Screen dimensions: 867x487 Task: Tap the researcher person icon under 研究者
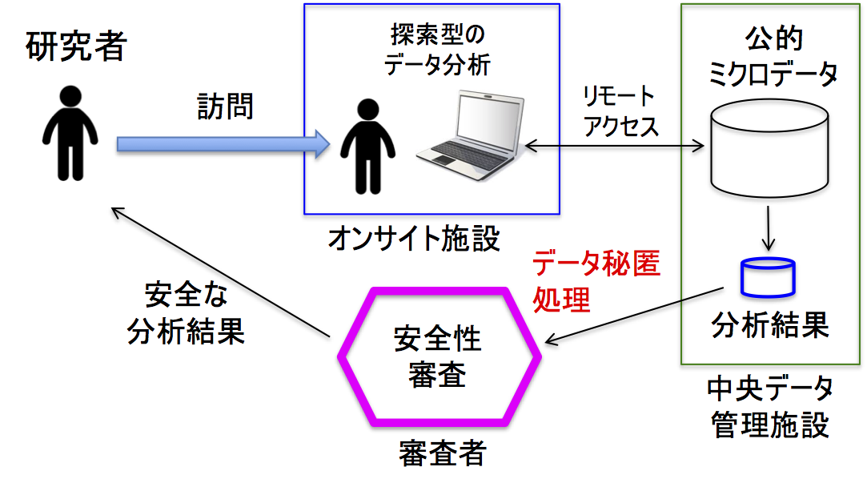[70, 133]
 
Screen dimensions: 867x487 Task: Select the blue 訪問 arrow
[223, 144]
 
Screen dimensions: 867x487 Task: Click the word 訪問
[225, 106]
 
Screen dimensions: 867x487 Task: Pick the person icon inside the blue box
[367, 146]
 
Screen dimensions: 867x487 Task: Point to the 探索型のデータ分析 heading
[437, 49]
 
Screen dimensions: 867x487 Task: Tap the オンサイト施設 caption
[414, 239]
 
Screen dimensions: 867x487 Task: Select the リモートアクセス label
[620, 111]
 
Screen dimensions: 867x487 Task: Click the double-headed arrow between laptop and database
[614, 146]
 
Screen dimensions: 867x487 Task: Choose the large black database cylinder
[769, 148]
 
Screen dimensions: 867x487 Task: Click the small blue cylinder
[768, 277]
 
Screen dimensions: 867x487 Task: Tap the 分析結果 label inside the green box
[769, 324]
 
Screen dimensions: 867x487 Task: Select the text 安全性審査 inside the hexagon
[437, 357]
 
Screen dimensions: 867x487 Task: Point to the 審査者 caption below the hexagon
[442, 453]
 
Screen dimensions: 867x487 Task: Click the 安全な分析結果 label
[186, 313]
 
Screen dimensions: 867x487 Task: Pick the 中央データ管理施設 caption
[769, 407]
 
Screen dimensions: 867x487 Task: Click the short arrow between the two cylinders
[768, 228]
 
